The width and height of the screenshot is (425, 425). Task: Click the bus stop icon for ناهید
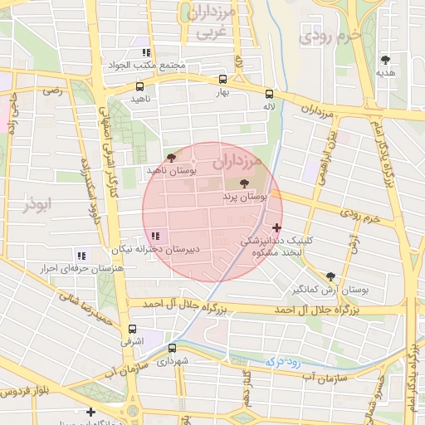pos(139,86)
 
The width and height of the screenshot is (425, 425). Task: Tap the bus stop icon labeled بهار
pos(222,80)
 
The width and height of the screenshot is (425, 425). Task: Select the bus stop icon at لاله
pos(268,94)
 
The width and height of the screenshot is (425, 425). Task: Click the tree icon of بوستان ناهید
pos(171,157)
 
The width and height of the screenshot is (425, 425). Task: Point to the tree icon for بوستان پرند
pos(243,184)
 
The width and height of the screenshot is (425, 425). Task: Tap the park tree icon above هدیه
pos(385,60)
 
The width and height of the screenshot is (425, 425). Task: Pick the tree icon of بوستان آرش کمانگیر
pos(330,276)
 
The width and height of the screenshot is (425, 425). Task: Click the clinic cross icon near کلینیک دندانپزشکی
pos(276,227)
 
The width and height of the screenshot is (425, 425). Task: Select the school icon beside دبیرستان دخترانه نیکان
pos(155,237)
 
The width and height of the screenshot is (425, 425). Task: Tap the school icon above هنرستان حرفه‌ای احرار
pos(81,255)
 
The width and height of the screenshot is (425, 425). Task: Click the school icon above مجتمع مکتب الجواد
pos(147,52)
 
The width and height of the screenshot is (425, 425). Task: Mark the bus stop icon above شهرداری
pos(172,348)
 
